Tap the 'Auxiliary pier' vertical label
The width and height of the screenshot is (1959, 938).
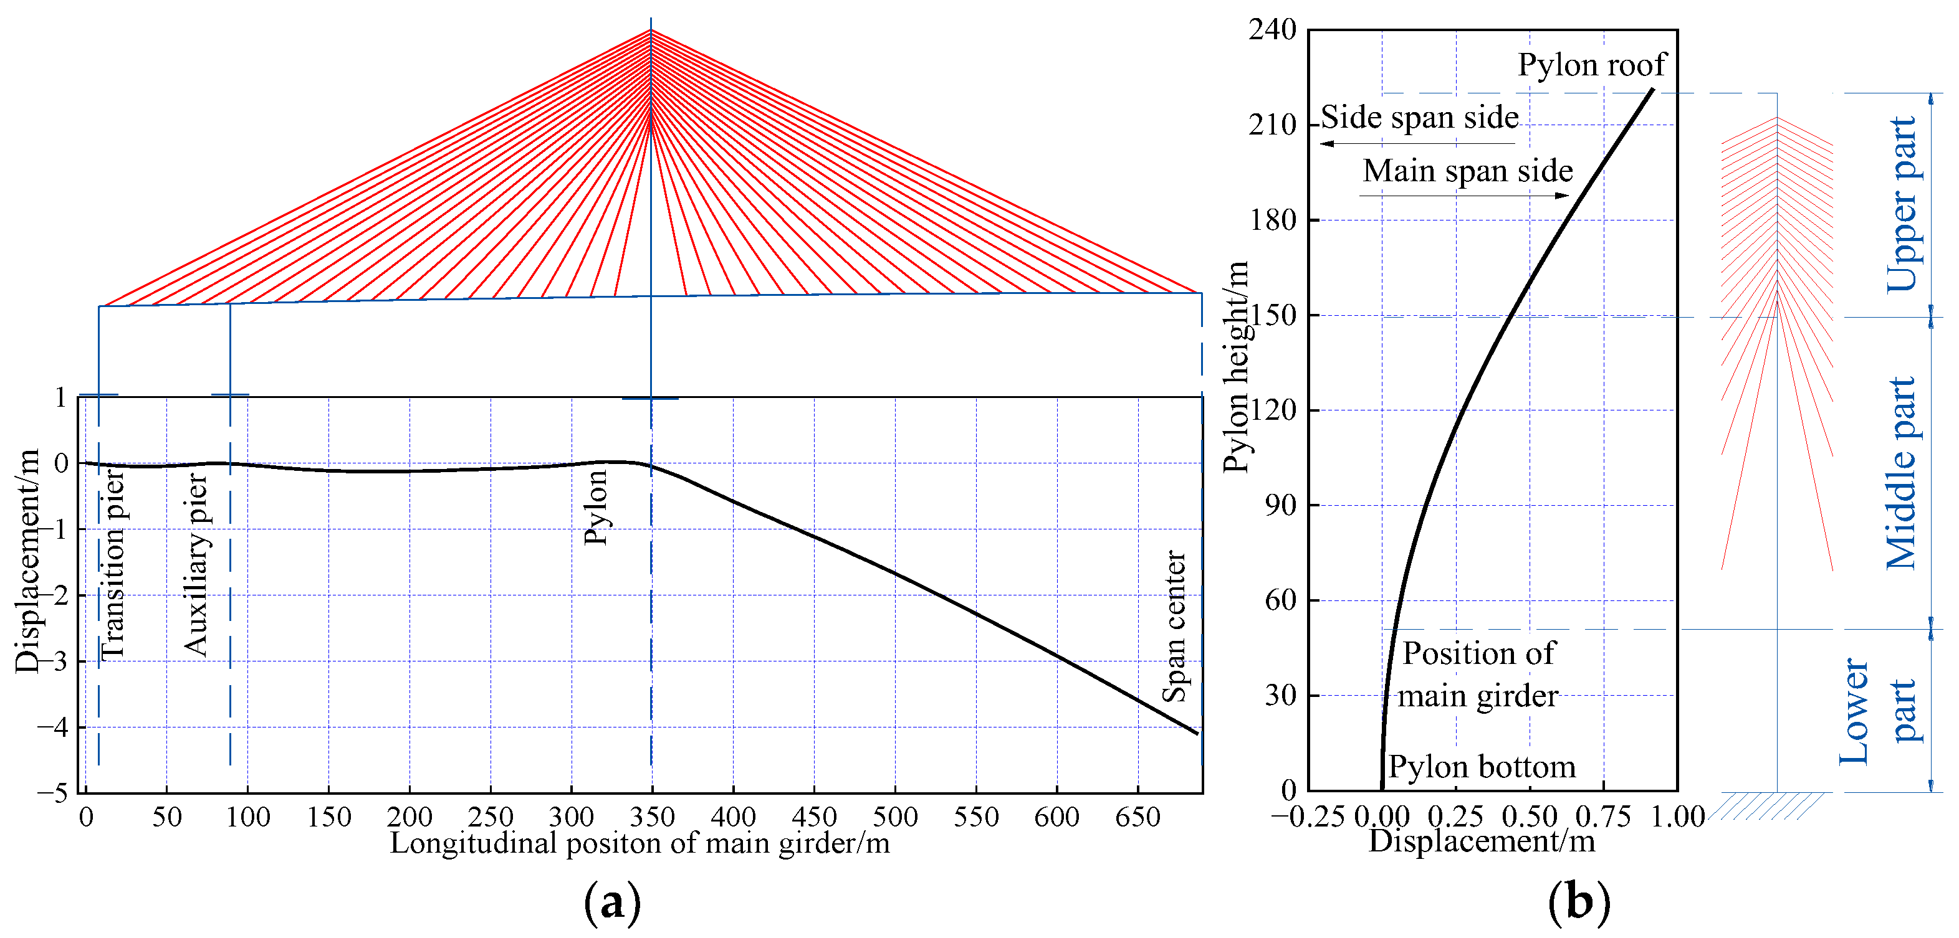(196, 564)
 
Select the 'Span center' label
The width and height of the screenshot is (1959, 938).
(1174, 627)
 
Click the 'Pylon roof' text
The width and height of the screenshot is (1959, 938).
(1592, 65)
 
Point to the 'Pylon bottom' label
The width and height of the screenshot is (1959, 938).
(1482, 766)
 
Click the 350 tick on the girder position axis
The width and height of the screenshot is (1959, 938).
(652, 817)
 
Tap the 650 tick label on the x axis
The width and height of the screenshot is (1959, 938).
(1138, 817)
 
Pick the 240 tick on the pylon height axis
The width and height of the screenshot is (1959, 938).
(1272, 30)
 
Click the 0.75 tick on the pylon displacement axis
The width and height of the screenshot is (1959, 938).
(1603, 817)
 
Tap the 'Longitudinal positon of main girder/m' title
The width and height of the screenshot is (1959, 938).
(639, 843)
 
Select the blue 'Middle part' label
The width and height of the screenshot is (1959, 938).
(1901, 473)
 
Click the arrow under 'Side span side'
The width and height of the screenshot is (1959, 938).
(1419, 143)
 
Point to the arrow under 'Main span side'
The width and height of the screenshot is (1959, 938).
(1464, 196)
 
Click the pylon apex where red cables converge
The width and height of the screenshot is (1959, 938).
(651, 31)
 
